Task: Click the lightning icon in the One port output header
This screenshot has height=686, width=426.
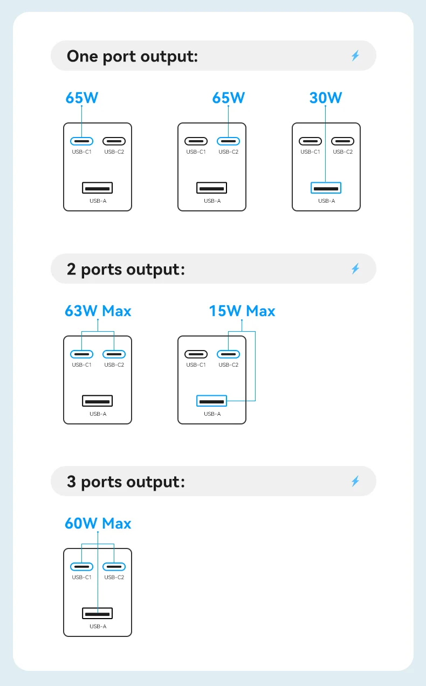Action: (355, 56)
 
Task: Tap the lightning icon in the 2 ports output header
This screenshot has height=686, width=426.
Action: (355, 269)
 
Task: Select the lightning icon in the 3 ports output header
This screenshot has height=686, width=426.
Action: (355, 481)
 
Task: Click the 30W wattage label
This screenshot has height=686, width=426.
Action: (326, 98)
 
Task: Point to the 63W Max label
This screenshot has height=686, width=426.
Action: (98, 311)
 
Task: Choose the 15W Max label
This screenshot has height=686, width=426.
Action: (242, 311)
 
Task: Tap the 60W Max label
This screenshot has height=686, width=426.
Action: (98, 523)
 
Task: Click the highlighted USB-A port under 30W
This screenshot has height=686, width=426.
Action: (326, 188)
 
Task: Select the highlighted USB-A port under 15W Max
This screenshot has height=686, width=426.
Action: (212, 401)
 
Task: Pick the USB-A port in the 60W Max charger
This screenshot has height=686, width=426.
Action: (98, 614)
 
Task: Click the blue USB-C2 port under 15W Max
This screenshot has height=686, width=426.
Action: (228, 354)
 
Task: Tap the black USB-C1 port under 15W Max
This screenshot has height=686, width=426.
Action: (196, 354)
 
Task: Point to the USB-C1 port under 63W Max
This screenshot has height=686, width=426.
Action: (81, 354)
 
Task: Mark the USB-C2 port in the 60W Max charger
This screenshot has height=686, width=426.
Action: (114, 567)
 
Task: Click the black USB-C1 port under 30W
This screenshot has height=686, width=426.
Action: (310, 141)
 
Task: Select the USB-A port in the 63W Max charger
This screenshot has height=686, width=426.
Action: (98, 401)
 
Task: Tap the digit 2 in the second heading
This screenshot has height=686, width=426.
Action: (71, 269)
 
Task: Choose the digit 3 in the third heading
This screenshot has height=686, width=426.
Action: (71, 482)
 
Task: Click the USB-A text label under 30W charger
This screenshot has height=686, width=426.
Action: (326, 201)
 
